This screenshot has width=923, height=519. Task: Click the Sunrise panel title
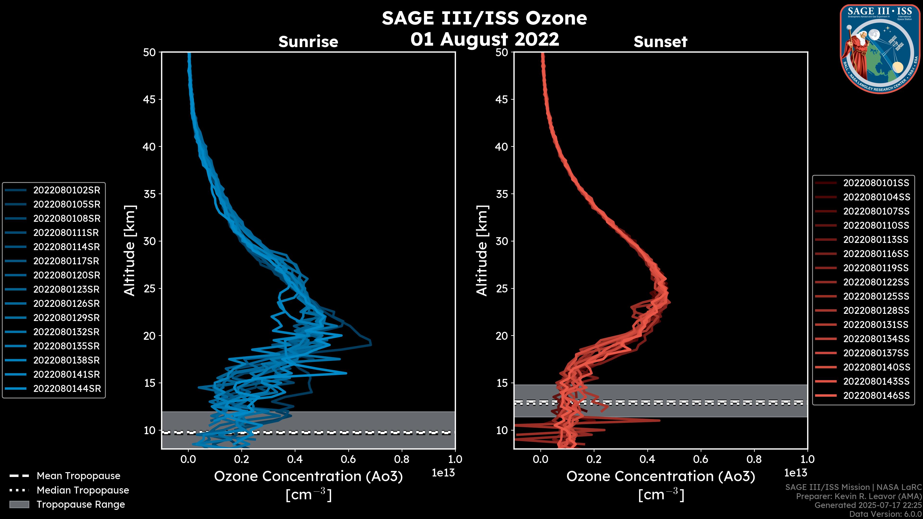point(308,42)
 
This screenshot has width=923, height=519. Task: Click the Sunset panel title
point(660,42)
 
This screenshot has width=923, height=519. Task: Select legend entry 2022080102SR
point(67,190)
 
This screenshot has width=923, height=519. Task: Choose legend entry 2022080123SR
point(67,289)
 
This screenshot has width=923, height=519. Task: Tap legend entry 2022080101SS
point(876,183)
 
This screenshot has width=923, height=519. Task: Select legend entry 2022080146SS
point(876,395)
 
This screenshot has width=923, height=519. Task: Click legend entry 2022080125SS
point(876,296)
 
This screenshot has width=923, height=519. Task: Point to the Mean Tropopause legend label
point(78,476)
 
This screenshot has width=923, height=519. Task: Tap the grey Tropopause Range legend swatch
point(19,504)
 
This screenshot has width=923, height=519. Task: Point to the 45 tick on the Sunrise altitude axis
point(150,99)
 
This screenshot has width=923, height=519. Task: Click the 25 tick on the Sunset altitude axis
point(502,289)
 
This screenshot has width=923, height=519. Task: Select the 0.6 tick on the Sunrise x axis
point(348,459)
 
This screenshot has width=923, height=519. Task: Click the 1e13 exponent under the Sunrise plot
point(443,473)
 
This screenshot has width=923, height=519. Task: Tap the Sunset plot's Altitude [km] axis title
point(482,251)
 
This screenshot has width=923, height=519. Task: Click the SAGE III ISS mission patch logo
point(880,49)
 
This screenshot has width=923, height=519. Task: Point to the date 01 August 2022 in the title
point(484,39)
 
